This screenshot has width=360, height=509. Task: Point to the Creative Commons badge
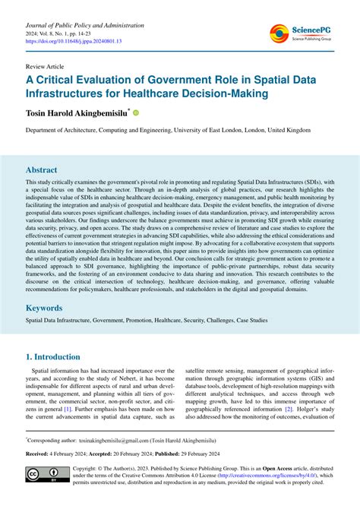[x=42, y=475]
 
